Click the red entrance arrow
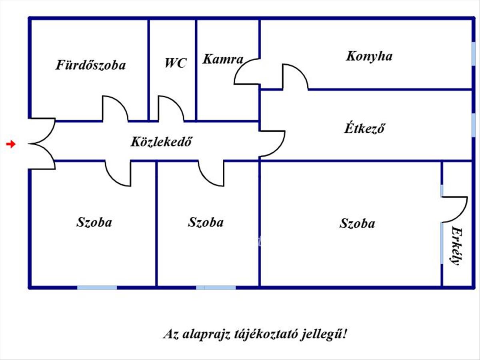pos(11,144)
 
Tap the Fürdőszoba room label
pos(90,65)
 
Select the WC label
pos(176,63)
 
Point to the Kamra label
pos(223,59)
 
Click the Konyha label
pos(369,56)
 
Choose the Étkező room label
pos(364,128)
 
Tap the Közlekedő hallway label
pos(161,142)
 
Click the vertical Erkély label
pos(457,246)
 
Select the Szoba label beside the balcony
pos(357,223)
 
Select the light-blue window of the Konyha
pos(473,54)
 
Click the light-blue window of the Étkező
pos(473,126)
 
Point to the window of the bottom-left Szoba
pos(97,288)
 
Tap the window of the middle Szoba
pos(216,288)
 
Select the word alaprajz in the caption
pos(206,335)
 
